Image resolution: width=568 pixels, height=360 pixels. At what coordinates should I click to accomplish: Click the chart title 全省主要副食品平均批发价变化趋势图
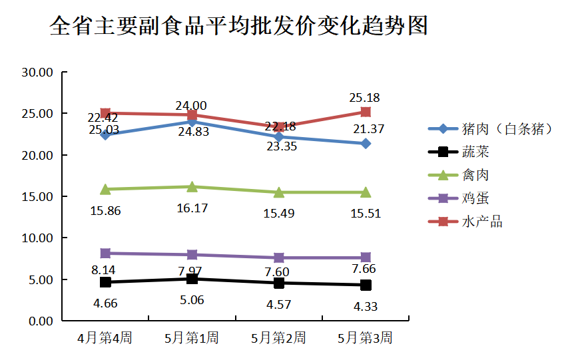238,26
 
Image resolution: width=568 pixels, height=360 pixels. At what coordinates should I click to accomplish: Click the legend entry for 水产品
482,222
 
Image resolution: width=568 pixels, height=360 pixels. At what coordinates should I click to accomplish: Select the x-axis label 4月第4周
105,338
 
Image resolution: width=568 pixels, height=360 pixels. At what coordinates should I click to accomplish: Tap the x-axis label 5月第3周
365,338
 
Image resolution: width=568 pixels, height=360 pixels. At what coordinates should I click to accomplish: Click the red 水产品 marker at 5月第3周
366,112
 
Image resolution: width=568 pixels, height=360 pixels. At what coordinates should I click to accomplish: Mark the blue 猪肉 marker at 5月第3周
366,144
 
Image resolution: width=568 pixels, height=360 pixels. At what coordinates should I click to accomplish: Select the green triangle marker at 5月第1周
192,187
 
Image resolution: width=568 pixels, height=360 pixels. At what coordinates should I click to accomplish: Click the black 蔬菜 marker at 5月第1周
192,279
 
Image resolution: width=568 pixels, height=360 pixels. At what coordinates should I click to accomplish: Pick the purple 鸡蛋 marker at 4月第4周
105,253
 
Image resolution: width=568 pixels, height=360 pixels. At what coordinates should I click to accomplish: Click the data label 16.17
192,208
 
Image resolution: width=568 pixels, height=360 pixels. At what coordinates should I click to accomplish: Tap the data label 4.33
365,307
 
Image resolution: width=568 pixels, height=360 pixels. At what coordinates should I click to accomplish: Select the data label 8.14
105,270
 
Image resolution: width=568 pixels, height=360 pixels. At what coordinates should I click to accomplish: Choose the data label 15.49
278,214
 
